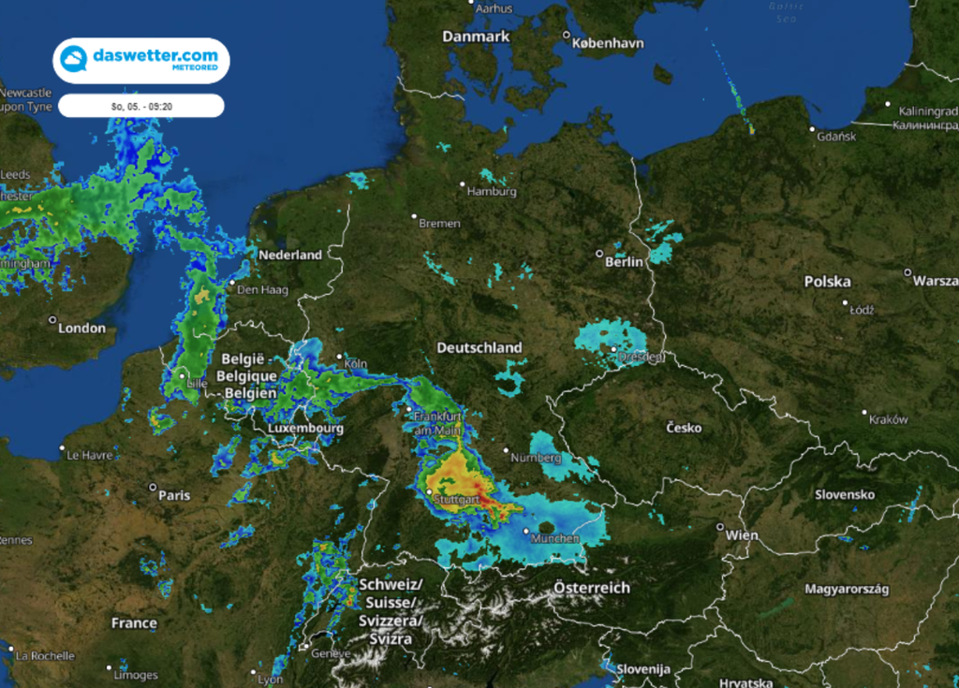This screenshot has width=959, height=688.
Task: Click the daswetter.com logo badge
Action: point(141,59)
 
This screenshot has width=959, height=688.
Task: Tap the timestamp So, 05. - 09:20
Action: point(141,106)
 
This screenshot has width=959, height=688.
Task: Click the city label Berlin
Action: point(624,262)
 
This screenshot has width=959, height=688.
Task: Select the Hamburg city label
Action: point(493,192)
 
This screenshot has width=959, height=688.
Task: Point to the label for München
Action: point(554,538)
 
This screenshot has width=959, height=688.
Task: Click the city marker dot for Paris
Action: point(153,488)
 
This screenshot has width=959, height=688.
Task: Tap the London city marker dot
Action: point(52,320)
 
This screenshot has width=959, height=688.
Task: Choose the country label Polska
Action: point(827,282)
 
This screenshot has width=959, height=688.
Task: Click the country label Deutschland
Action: point(479,347)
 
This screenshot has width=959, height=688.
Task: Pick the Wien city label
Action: point(742,534)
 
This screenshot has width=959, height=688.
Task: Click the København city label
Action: point(610,37)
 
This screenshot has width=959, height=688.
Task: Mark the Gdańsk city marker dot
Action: point(812,128)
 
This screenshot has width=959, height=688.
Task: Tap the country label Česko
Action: point(684,428)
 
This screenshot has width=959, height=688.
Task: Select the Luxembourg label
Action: point(305,428)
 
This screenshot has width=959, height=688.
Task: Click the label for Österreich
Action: point(591,588)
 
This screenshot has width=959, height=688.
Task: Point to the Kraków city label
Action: point(888,419)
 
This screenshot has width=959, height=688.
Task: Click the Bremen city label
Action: point(439,224)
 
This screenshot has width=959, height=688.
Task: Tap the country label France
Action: point(134,622)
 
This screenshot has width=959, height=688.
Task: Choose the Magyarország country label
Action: point(847,589)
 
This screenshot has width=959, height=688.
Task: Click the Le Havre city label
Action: point(92,455)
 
